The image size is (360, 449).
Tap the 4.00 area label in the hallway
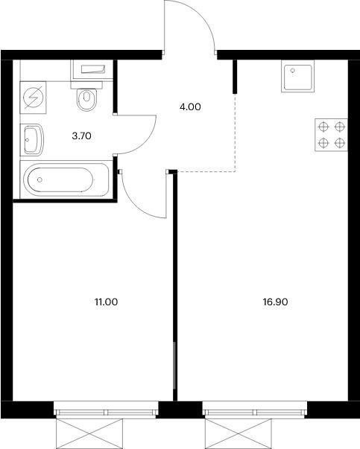[191, 106]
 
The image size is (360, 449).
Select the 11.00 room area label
[107, 302]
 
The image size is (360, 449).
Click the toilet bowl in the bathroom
[87, 98]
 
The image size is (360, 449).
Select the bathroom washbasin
[32, 138]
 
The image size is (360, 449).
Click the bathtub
[59, 180]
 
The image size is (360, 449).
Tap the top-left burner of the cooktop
[323, 127]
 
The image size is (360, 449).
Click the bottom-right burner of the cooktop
[340, 142]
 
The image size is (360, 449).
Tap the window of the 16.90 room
[254, 411]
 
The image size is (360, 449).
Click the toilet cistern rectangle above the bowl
[89, 70]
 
